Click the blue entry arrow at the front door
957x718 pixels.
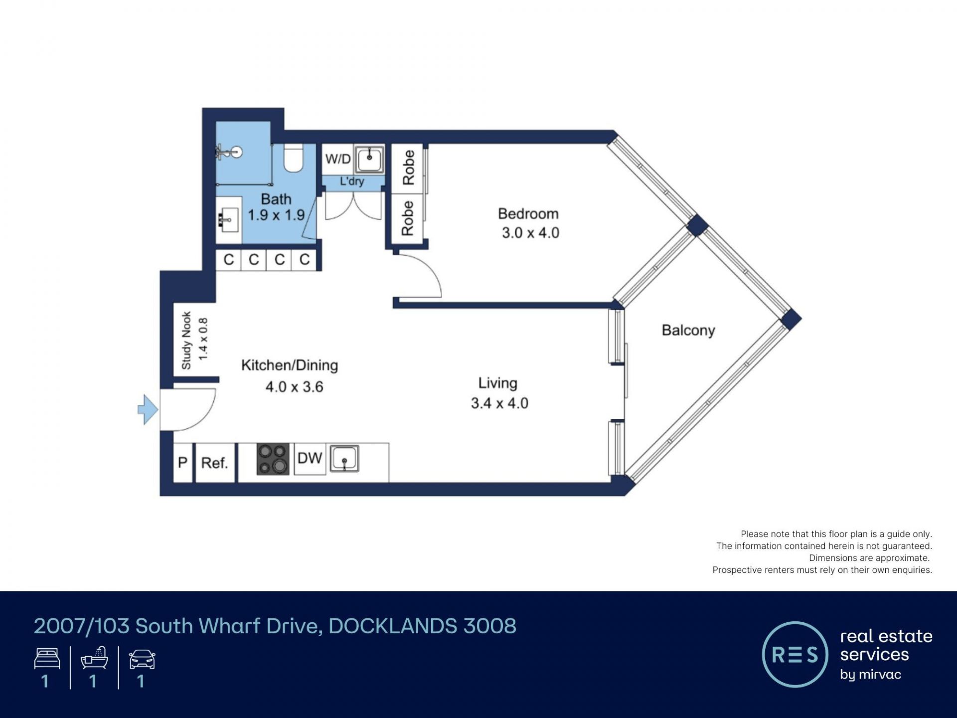[148, 409]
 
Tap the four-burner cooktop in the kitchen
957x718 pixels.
[273, 459]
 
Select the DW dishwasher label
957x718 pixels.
[310, 458]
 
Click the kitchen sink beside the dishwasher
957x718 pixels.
[344, 459]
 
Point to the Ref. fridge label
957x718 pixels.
[214, 463]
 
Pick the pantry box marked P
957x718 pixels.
[183, 463]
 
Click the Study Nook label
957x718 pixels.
[186, 341]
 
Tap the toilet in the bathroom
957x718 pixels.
[294, 158]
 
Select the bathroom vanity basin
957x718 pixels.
[229, 219]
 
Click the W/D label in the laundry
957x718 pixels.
[338, 159]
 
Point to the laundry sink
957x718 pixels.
[369, 159]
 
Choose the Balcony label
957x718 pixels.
[688, 330]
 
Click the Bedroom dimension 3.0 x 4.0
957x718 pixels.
[530, 233]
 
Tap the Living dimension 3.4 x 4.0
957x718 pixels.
[499, 403]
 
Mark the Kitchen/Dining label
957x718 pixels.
[290, 365]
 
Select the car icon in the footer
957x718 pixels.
[142, 659]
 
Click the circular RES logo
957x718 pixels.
[795, 654]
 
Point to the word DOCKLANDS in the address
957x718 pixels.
[393, 626]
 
